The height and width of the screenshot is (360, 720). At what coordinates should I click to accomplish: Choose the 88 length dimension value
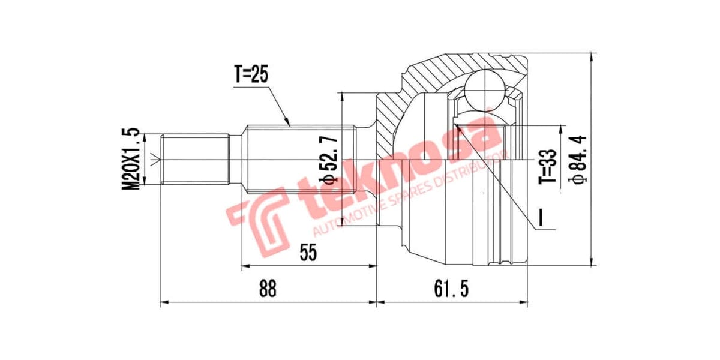[x=268, y=289]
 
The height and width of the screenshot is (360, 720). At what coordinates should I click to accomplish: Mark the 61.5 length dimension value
[x=451, y=289]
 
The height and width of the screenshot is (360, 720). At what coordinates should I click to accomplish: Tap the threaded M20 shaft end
[x=195, y=160]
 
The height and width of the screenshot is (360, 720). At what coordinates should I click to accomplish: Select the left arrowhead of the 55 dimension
[x=244, y=266]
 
